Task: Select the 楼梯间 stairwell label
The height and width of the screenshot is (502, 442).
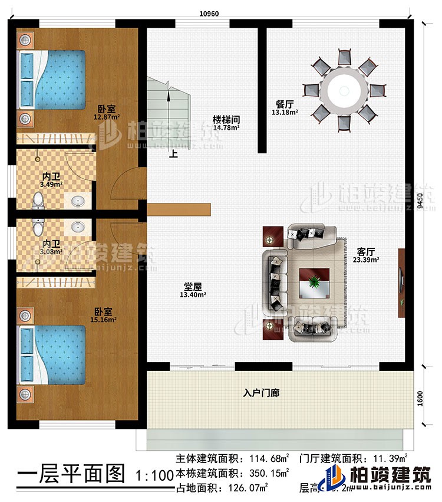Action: coord(226,119)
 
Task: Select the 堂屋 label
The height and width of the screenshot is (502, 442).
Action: coord(193,287)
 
